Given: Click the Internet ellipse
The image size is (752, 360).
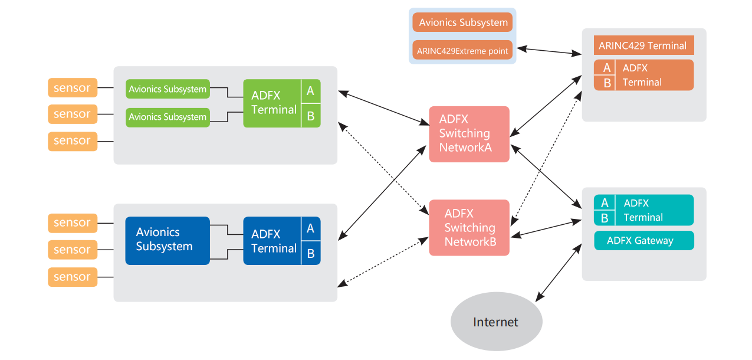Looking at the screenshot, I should click(496, 322).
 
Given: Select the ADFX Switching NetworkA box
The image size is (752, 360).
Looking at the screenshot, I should click(469, 134).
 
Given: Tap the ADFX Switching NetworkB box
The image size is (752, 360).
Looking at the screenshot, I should click(469, 228).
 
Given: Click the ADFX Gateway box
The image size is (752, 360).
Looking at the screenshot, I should click(643, 240).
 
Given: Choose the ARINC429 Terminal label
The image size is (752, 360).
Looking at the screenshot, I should click(643, 45).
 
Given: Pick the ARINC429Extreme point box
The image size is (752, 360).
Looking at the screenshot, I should click(462, 51).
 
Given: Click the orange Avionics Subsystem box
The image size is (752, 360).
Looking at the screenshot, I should click(462, 22).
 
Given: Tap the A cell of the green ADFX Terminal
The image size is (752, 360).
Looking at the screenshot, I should click(310, 91).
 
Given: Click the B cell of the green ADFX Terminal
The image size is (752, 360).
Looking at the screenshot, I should click(310, 116).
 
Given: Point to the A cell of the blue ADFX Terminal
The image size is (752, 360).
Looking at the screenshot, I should click(310, 228).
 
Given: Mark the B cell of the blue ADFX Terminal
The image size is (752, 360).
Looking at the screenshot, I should click(310, 253).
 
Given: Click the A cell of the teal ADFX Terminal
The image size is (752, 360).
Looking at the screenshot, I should click(605, 202).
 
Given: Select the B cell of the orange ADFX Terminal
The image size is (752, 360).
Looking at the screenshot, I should click(606, 83).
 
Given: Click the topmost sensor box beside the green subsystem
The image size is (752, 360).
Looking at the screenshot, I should click(73, 88).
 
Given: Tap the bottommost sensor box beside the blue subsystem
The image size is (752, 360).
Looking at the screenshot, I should click(73, 277).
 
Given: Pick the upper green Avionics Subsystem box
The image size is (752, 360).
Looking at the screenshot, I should click(168, 89).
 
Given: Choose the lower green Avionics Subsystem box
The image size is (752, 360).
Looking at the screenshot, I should click(168, 117).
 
